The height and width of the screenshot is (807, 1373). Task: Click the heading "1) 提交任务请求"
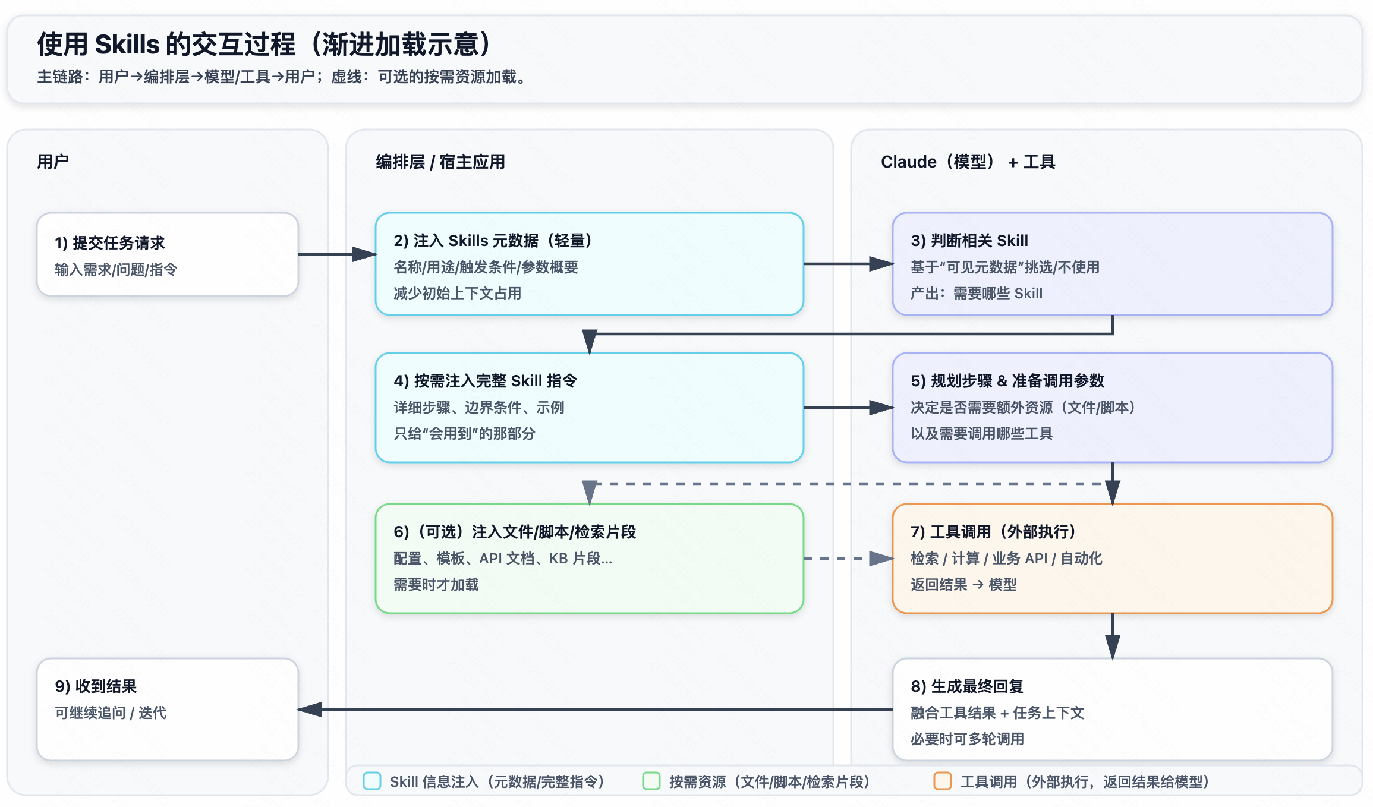110,242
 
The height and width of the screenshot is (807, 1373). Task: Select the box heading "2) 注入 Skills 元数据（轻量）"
493,241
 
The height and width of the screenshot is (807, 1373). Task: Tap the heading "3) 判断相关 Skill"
969,241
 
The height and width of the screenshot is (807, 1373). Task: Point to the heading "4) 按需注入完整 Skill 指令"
485,381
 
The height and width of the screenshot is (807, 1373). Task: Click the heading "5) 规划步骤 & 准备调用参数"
1007,381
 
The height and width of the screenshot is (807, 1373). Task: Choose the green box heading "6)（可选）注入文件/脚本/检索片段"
515,532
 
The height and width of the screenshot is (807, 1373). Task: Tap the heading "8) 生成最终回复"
966,686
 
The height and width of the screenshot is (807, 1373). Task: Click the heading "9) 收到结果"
96,686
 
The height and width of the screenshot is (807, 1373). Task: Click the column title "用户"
53,162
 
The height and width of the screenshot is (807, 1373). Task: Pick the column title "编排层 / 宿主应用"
440,162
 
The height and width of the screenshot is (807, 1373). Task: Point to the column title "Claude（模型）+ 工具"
968,162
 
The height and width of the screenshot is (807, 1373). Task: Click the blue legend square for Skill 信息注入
372,781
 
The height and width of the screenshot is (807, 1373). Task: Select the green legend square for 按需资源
651,781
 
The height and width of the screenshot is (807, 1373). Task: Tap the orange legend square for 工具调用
943,781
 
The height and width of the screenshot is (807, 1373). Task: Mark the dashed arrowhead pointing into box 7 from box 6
881,559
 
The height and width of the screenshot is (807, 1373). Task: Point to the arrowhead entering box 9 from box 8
310,710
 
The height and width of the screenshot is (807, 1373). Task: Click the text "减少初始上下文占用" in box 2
457,294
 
